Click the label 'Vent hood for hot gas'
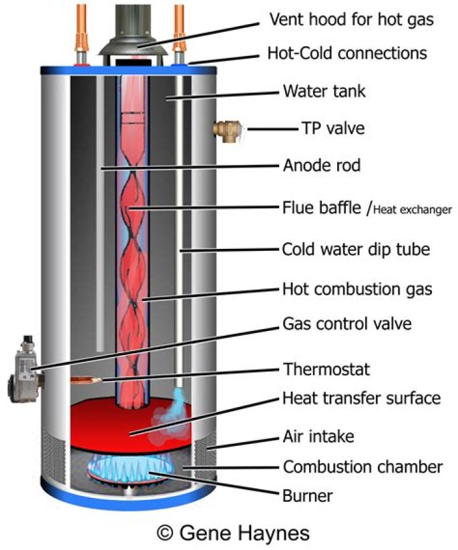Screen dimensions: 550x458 pyautogui.click(x=352, y=20)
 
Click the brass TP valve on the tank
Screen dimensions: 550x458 pyautogui.click(x=226, y=129)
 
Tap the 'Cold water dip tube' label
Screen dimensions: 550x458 pyautogui.click(x=356, y=248)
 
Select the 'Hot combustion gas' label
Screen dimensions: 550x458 pyautogui.click(x=357, y=289)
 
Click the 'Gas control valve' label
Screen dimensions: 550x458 pyautogui.click(x=347, y=323)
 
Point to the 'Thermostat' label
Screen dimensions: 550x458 pyautogui.click(x=326, y=368)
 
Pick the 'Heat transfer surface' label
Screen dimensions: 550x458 pyautogui.click(x=361, y=399)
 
